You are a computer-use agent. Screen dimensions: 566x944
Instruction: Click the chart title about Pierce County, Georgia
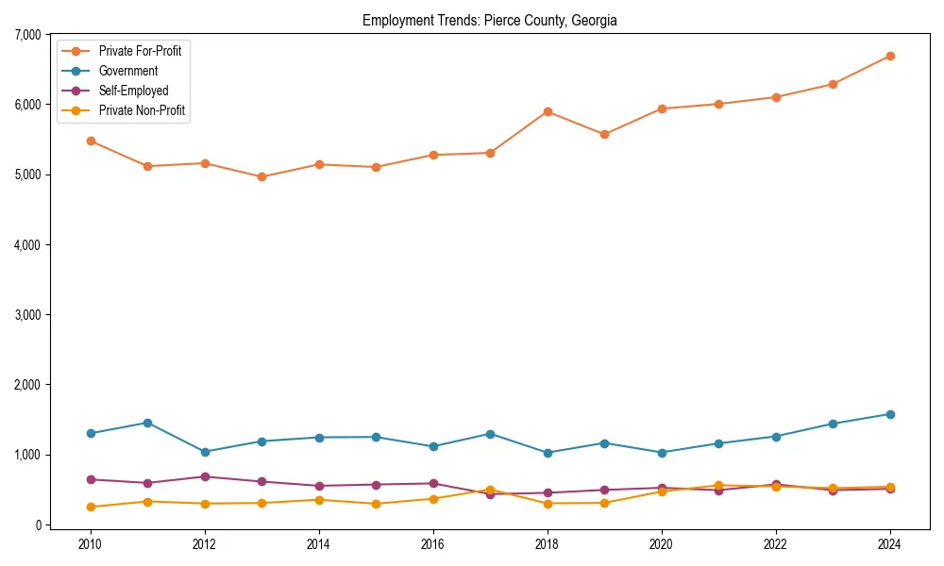(x=489, y=20)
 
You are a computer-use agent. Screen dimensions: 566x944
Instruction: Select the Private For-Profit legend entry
(x=140, y=51)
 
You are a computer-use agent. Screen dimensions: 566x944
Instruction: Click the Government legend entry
(x=127, y=71)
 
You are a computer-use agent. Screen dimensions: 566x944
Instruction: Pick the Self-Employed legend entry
(x=133, y=91)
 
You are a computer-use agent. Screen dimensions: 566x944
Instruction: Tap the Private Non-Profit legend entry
(x=142, y=110)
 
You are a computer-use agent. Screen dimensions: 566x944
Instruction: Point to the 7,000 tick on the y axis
(x=25, y=35)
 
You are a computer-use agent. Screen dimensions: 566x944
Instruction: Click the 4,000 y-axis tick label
(x=25, y=245)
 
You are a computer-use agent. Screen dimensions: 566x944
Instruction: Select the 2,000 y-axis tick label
(x=25, y=385)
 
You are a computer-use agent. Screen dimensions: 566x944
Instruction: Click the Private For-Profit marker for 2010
(x=91, y=141)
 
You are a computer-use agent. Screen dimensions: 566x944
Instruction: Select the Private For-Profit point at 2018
(x=548, y=111)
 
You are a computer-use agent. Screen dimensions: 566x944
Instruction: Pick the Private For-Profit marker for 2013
(x=261, y=176)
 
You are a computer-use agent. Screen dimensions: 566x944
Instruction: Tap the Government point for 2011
(x=147, y=423)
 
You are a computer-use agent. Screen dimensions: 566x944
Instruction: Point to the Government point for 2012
(x=205, y=452)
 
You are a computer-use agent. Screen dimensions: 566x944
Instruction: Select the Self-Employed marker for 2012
(x=205, y=476)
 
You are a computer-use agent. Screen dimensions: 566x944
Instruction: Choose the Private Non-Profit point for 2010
(x=91, y=507)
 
